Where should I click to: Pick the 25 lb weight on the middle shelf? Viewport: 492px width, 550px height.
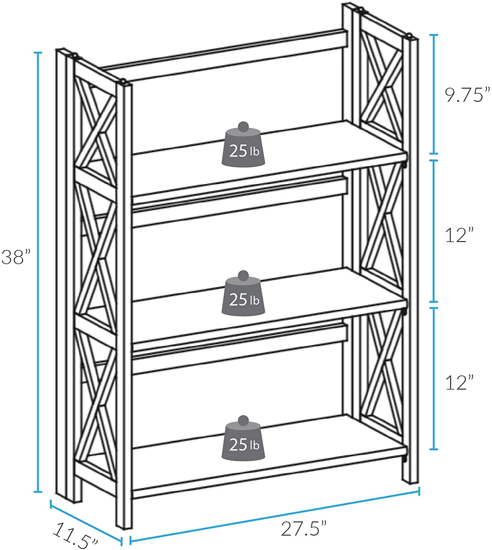(x=243, y=296)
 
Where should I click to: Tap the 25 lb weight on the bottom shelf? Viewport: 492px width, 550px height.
(x=243, y=441)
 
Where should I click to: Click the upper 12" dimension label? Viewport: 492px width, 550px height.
(x=459, y=235)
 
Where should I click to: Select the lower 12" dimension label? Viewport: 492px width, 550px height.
(x=459, y=382)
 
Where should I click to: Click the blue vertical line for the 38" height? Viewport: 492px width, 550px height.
(x=37, y=271)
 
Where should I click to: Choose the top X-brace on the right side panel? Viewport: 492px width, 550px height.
(x=382, y=88)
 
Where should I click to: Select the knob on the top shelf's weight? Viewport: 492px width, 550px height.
(x=243, y=127)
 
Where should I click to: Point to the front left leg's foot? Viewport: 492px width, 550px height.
(x=124, y=521)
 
